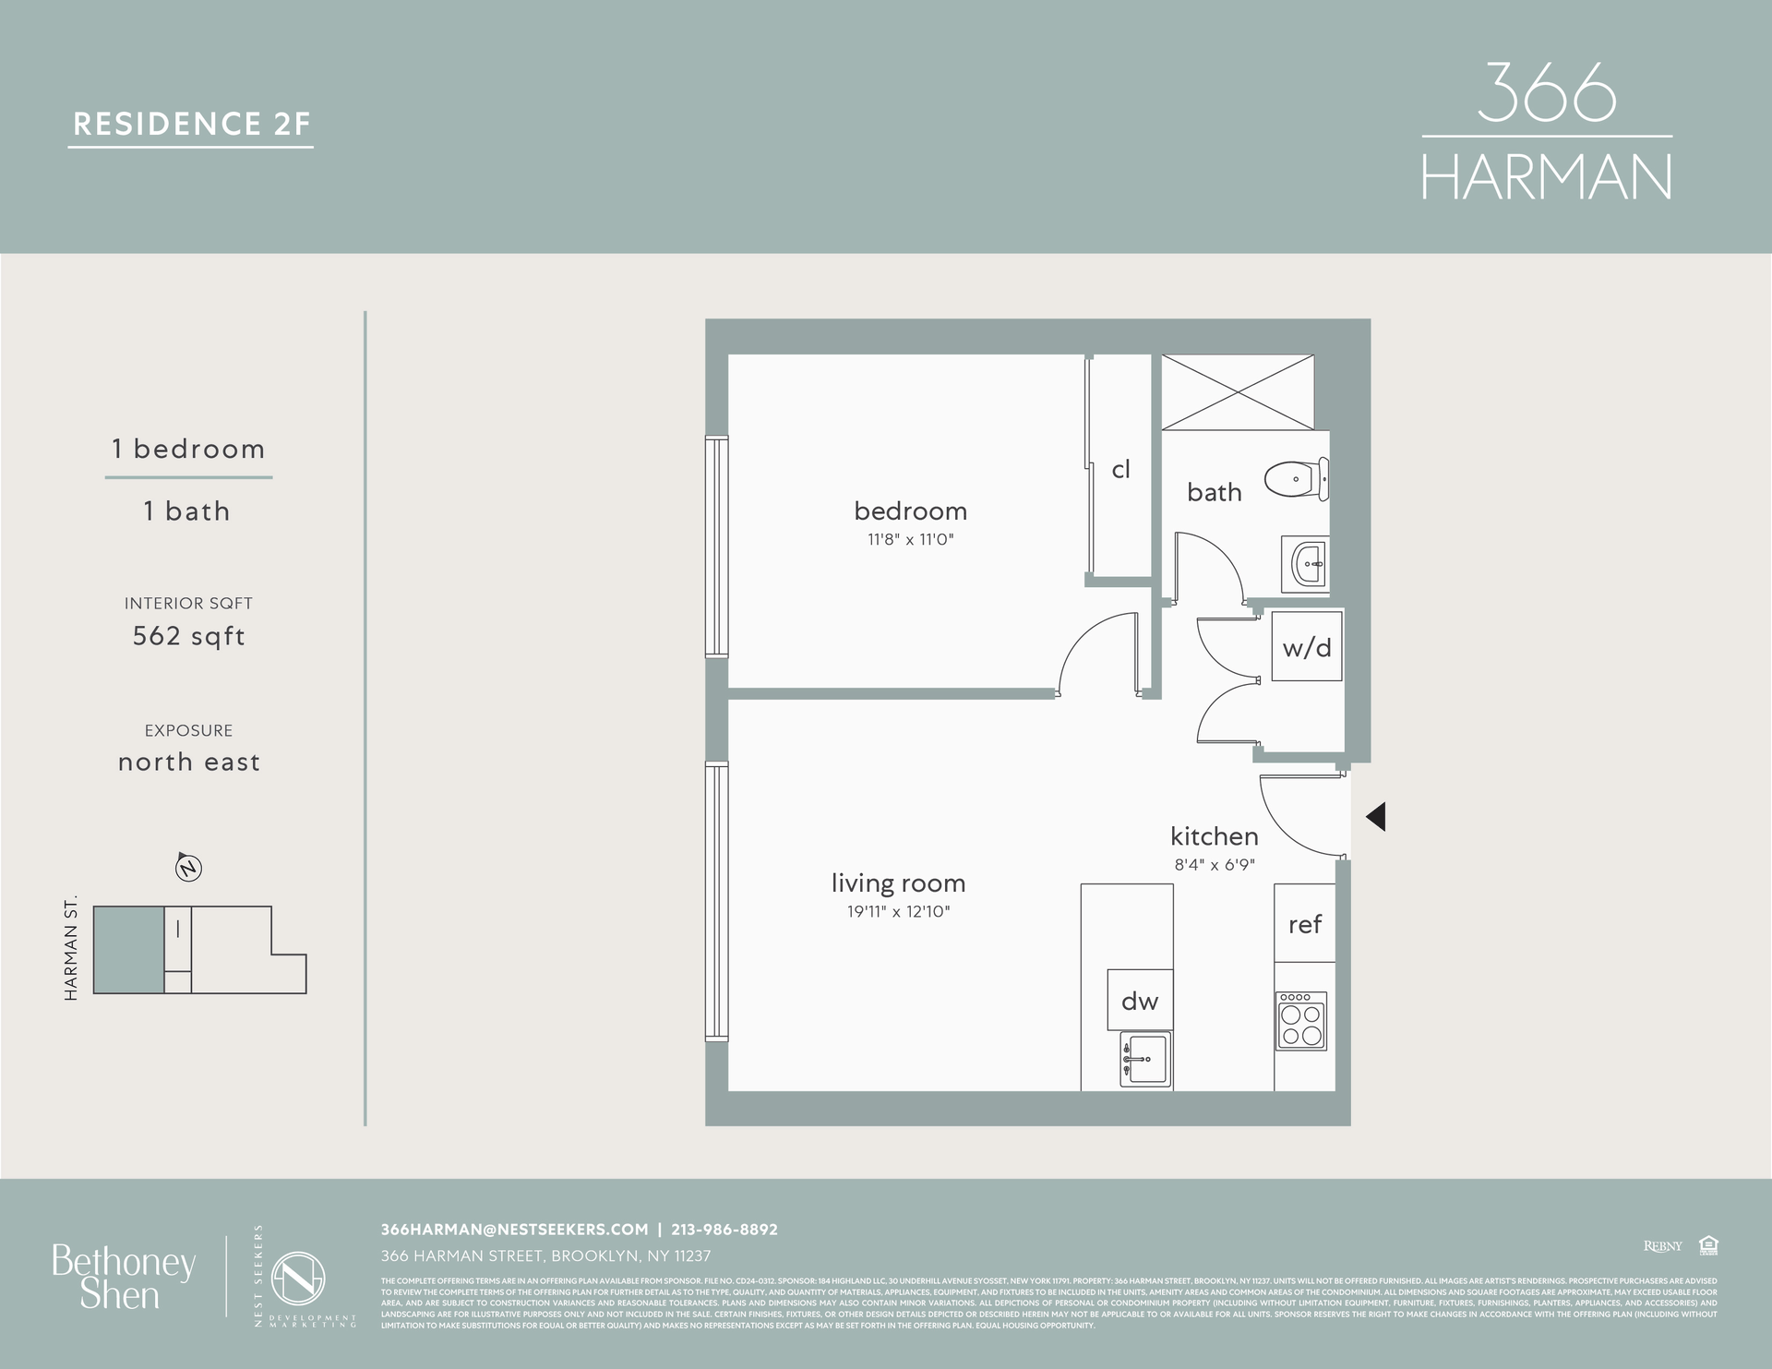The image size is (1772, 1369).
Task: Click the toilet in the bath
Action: [1297, 480]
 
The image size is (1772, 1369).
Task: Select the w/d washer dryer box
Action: [1307, 647]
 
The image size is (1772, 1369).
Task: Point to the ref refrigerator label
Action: [1305, 924]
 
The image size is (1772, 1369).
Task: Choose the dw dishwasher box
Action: [1140, 1001]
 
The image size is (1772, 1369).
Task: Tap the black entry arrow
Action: [1375, 816]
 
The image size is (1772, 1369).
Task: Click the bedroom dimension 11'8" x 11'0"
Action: [910, 540]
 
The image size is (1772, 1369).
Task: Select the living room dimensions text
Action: [898, 912]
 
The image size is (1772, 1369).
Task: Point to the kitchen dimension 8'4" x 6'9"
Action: [1215, 866]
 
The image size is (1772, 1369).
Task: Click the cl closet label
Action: [1120, 470]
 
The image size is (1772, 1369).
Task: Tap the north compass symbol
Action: [188, 868]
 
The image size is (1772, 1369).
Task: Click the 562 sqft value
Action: [189, 636]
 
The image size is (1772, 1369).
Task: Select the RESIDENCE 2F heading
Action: [192, 124]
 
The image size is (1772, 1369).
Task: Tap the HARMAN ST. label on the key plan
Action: [71, 949]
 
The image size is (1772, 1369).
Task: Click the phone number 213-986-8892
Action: [724, 1230]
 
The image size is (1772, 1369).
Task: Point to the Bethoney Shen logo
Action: [124, 1278]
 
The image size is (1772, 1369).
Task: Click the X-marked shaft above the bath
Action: [1237, 391]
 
